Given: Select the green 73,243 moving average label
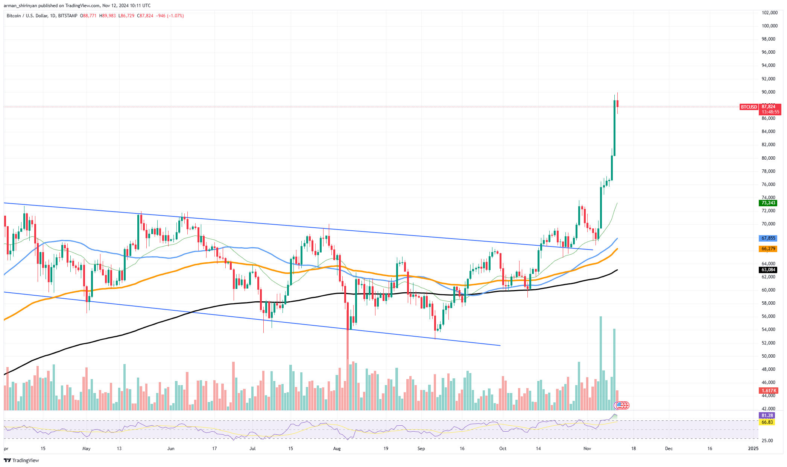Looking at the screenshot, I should [x=768, y=203].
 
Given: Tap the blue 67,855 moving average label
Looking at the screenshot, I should [x=768, y=238].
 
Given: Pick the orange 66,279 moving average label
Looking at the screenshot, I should [x=768, y=249].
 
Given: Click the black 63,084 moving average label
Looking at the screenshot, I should [x=768, y=270].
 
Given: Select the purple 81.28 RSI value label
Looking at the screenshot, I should [x=767, y=416].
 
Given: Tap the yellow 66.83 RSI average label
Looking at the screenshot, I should [x=767, y=422].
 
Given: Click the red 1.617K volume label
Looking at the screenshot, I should [x=768, y=391].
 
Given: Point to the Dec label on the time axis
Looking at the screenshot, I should [x=668, y=449].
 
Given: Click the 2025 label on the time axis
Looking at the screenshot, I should [x=753, y=449].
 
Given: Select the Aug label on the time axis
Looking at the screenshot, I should [x=337, y=449].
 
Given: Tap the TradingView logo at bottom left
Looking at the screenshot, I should [x=21, y=460].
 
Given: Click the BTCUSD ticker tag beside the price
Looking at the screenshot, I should [x=749, y=107].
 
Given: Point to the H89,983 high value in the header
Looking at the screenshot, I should [x=108, y=16].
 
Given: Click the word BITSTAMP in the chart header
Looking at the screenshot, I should [x=68, y=16].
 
